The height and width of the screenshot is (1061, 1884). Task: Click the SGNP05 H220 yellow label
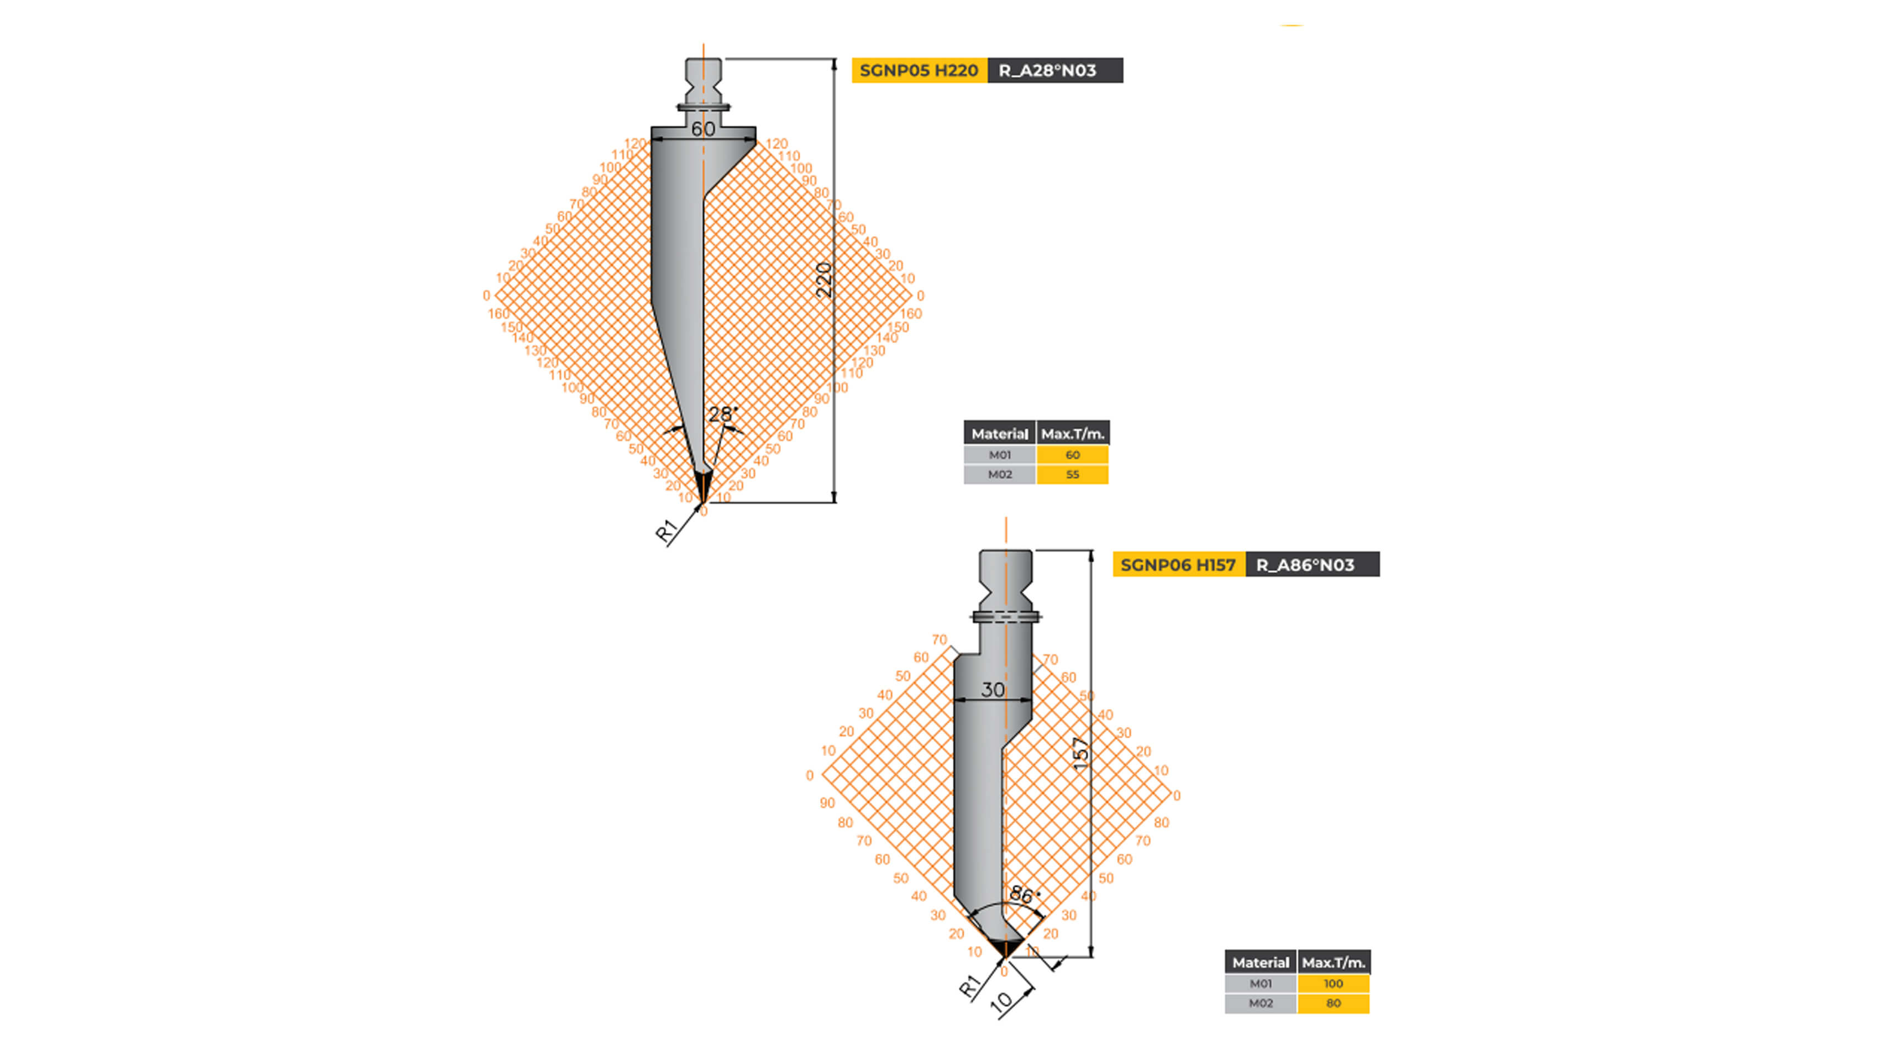click(x=919, y=70)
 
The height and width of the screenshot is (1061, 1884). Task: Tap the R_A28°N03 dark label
click(x=1054, y=70)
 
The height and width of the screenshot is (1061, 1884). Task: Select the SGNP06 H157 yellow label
click(x=1178, y=565)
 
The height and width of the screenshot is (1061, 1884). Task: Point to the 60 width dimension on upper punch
click(x=703, y=129)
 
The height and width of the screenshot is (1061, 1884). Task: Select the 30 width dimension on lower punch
click(x=993, y=690)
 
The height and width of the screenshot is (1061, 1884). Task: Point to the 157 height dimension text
click(x=1081, y=753)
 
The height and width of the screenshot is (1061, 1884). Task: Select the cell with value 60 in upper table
click(x=1072, y=455)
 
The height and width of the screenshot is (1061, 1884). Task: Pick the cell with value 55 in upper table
click(x=1072, y=475)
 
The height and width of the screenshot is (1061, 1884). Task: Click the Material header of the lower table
click(x=1260, y=962)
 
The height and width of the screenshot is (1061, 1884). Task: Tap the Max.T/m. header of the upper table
click(x=1072, y=434)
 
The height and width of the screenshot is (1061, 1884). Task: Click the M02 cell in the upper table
click(x=1000, y=475)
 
